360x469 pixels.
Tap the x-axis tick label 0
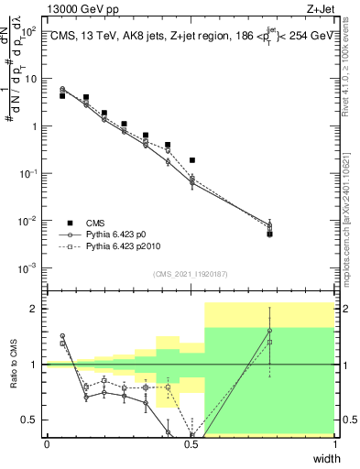[48, 444]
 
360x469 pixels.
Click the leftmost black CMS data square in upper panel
[62, 95]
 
